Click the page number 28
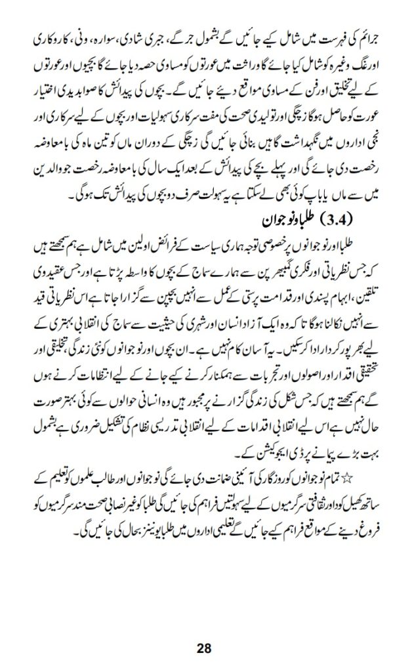pos(205,647)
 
